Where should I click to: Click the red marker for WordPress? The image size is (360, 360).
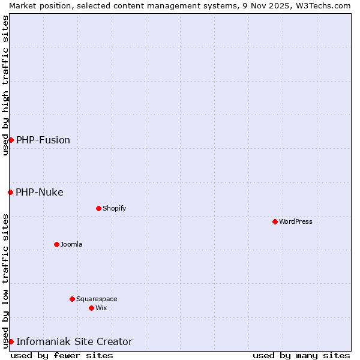[275, 221]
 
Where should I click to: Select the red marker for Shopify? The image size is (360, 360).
[98, 208]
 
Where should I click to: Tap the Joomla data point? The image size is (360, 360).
[56, 244]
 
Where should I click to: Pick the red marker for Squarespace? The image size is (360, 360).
[72, 299]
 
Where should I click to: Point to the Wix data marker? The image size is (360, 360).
[91, 308]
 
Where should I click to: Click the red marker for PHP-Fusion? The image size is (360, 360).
[11, 140]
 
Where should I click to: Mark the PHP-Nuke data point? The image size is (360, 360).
[10, 192]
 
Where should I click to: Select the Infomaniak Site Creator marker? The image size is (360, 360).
[11, 341]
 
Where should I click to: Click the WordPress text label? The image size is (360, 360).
[296, 221]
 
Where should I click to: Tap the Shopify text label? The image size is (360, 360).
[114, 208]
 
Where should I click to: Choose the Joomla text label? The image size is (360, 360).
[71, 244]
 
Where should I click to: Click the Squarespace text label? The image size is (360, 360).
[97, 299]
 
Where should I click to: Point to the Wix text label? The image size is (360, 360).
[101, 308]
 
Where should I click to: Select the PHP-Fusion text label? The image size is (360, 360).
[43, 140]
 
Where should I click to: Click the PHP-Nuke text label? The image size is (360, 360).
[40, 192]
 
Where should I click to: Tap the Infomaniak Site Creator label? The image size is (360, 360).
[74, 341]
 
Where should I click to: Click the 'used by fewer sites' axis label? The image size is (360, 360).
[62, 355]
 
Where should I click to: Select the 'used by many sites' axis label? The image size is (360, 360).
[301, 355]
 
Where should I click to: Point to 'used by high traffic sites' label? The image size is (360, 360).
[5, 85]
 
